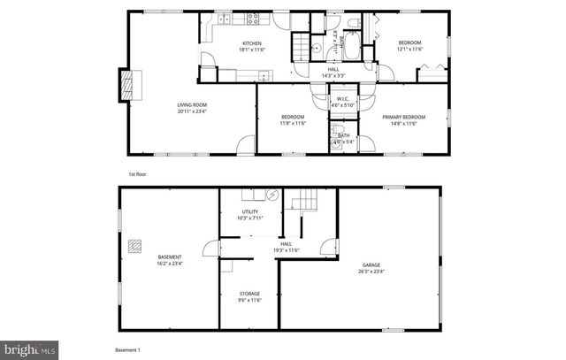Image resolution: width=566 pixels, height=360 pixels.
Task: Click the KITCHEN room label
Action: coord(251,42)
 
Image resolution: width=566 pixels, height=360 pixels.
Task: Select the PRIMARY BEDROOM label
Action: coord(403,117)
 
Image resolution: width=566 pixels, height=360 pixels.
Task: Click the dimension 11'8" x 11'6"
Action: coord(293,123)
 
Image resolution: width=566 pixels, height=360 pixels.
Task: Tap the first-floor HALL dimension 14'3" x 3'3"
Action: coord(333,75)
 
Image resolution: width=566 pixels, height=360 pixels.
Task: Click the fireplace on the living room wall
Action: coord(130,86)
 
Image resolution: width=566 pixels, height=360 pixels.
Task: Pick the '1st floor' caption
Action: coord(137,175)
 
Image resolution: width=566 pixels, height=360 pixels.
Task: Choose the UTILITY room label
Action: coord(250,211)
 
